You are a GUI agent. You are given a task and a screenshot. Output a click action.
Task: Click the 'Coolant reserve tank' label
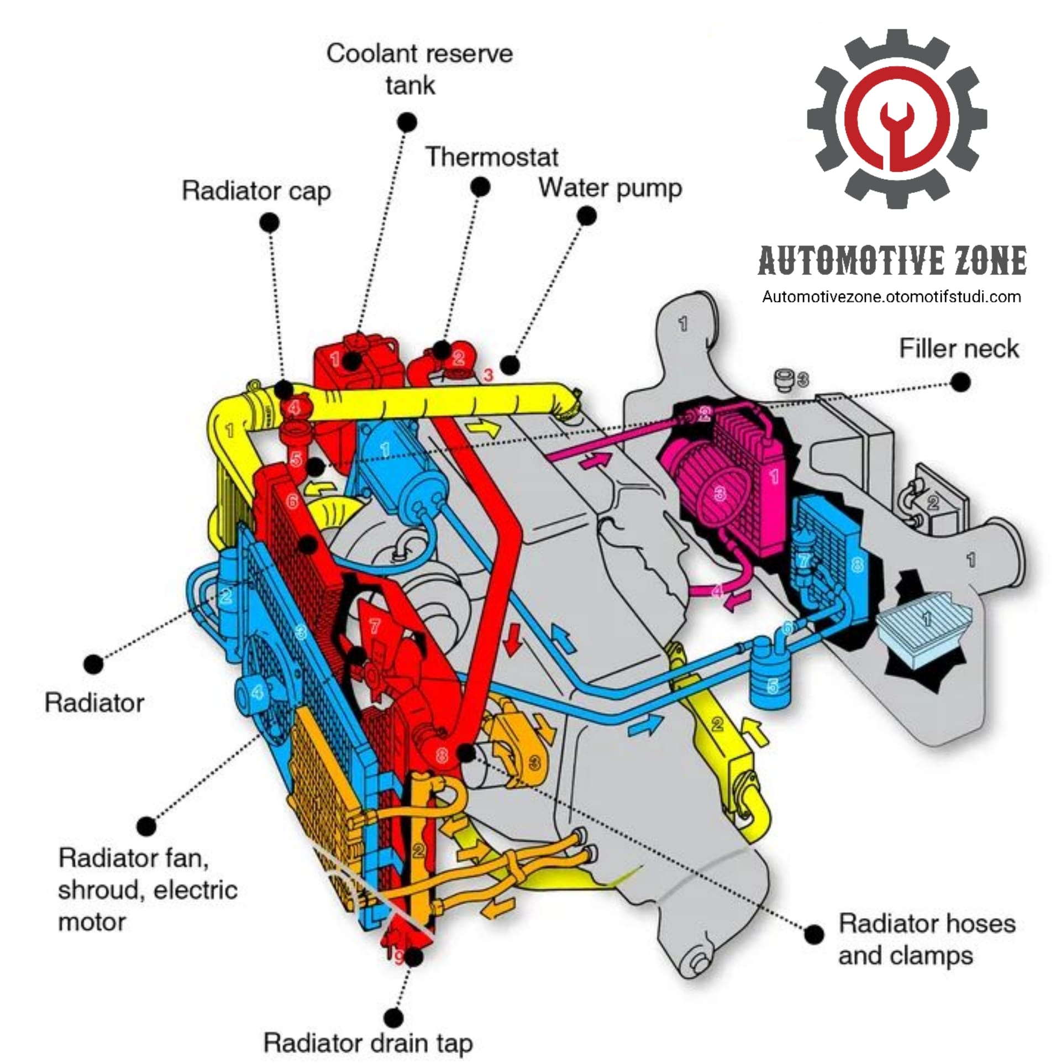pyautogui.click(x=419, y=70)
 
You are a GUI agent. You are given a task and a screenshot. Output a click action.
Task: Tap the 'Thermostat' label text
pyautogui.click(x=491, y=157)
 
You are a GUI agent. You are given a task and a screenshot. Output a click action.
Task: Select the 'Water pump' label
pyautogui.click(x=610, y=188)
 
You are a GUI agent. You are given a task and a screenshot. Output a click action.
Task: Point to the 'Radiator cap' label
pyautogui.click(x=256, y=191)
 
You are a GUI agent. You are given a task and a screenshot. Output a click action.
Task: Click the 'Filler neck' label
pyautogui.click(x=959, y=349)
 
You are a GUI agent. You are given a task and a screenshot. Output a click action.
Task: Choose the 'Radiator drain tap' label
pyautogui.click(x=368, y=1043)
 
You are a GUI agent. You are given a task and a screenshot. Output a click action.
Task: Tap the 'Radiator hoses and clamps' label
pyautogui.click(x=927, y=940)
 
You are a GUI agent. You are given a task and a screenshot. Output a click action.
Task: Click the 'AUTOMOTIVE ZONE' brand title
pyautogui.click(x=892, y=261)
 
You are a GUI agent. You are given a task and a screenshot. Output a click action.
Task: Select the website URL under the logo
pyautogui.click(x=891, y=297)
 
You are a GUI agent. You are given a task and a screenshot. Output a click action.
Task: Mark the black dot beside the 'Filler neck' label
pyautogui.click(x=960, y=382)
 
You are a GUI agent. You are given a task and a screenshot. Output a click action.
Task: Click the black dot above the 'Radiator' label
pyautogui.click(x=93, y=664)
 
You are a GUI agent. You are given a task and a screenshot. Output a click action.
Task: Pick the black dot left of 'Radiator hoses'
pyautogui.click(x=813, y=935)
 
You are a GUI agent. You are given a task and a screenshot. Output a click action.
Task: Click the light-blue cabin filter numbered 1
pyautogui.click(x=924, y=624)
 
